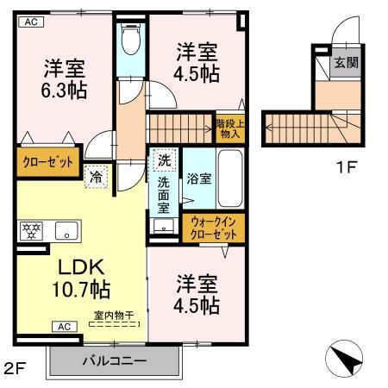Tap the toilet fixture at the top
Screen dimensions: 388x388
point(132,39)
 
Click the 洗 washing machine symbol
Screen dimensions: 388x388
point(163,160)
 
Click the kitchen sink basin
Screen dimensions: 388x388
point(66,231)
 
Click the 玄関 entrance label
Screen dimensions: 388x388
point(347,63)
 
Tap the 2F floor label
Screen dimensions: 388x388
point(16,369)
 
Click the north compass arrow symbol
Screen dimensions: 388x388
point(348,357)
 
